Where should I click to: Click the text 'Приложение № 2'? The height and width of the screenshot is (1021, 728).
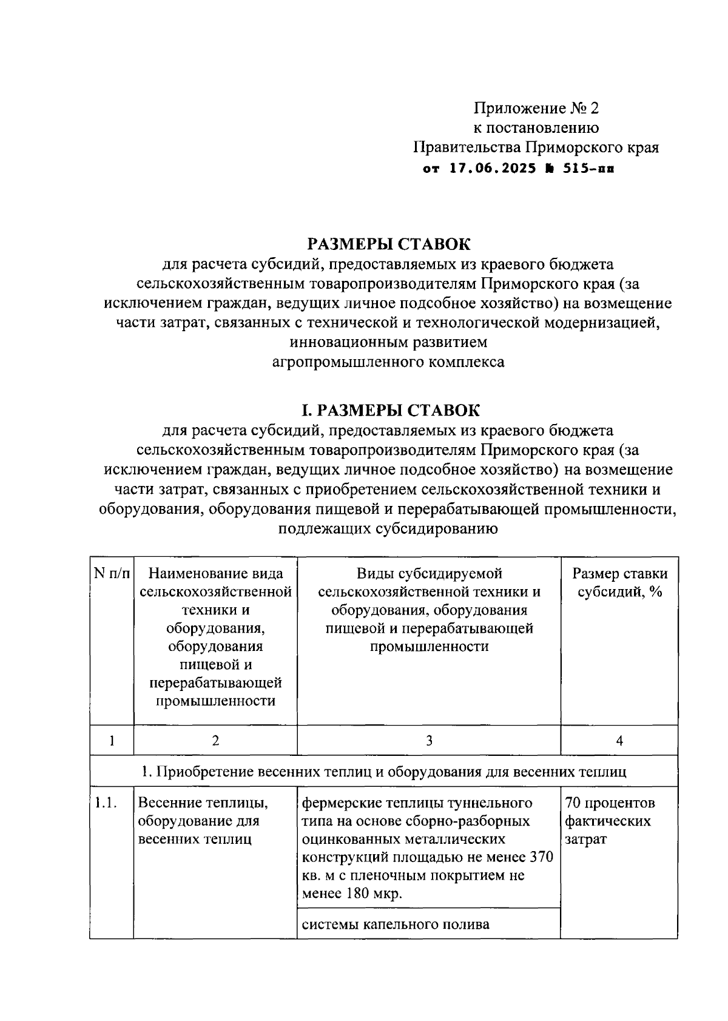click(x=536, y=109)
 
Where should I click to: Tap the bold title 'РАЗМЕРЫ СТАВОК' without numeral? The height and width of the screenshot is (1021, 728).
click(x=389, y=244)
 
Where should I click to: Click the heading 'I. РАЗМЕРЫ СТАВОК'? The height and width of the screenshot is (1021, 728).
click(x=389, y=411)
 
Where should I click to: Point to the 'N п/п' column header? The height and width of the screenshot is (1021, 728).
click(x=112, y=574)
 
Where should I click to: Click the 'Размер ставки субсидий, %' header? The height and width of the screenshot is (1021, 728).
click(x=619, y=582)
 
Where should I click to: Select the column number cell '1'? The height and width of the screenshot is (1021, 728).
click(x=112, y=740)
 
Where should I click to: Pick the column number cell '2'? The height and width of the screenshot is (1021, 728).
click(x=215, y=740)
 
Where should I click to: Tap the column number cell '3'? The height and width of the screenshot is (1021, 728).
click(x=429, y=740)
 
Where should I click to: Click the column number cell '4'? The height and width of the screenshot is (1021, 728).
click(x=619, y=740)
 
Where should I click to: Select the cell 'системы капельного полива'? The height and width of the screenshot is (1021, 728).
click(x=396, y=925)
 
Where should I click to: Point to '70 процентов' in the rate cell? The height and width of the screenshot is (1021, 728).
click(x=610, y=803)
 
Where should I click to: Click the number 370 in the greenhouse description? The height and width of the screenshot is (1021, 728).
click(x=542, y=858)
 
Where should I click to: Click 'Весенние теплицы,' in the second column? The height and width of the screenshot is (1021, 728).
click(x=203, y=803)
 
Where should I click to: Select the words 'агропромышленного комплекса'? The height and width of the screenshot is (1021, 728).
click(x=388, y=362)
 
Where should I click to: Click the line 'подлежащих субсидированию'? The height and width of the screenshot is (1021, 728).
click(x=388, y=528)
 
